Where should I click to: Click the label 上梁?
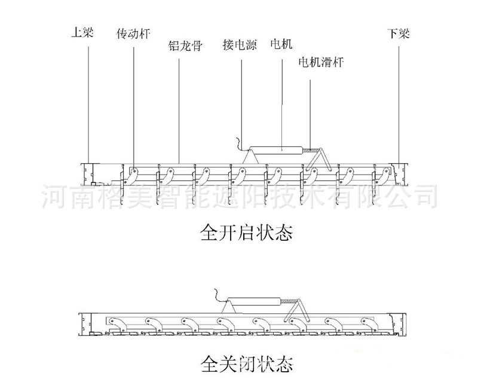click(x=82, y=34)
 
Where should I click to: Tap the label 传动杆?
click(x=132, y=34)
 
